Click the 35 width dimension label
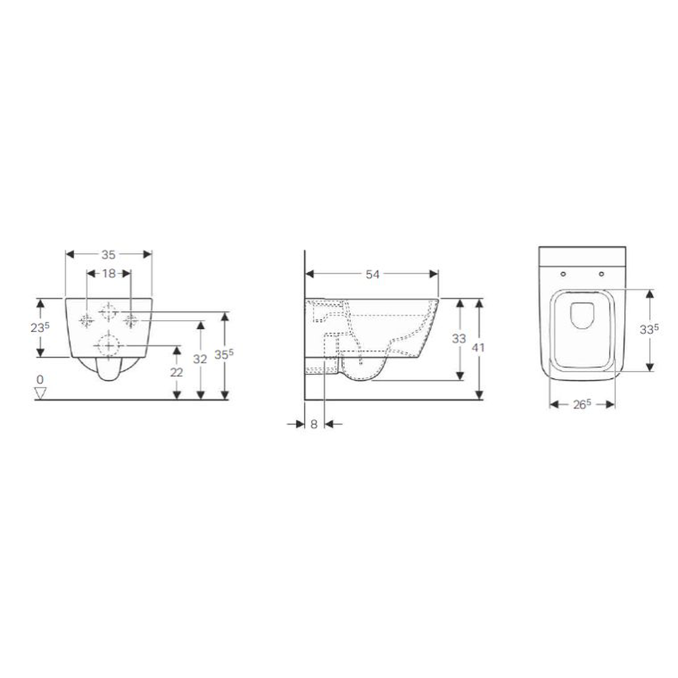click(109, 255)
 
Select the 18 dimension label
click(109, 273)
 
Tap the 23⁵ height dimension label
click(40, 328)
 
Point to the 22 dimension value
click(176, 372)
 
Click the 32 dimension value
click(200, 359)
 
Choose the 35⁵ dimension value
click(224, 355)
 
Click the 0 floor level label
click(40, 380)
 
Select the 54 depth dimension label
click(372, 274)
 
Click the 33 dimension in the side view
click(459, 338)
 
